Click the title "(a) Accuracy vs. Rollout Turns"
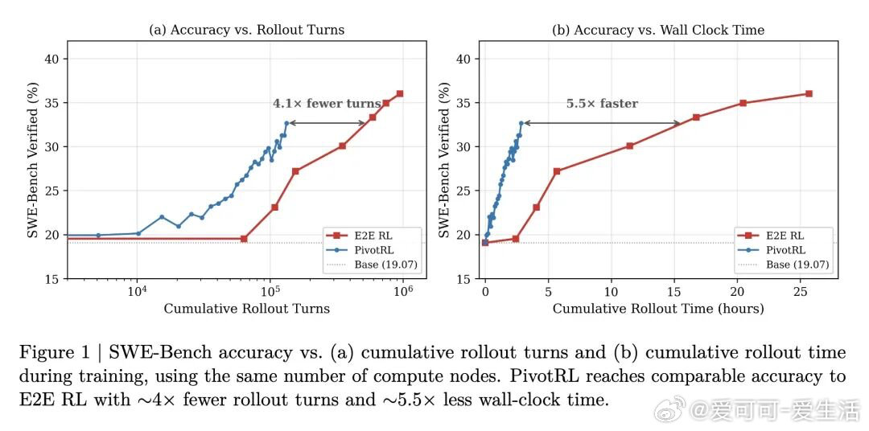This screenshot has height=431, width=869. click(246, 30)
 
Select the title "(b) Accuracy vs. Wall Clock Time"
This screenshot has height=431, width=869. click(657, 30)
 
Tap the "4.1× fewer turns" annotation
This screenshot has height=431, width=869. click(327, 104)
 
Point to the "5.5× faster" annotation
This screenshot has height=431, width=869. click(602, 104)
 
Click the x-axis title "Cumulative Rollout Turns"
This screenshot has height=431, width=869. click(246, 309)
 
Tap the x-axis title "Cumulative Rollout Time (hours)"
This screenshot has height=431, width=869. click(657, 309)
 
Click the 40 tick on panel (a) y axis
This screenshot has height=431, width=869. click(51, 59)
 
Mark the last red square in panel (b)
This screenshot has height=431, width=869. click(809, 94)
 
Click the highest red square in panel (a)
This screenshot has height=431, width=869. click(399, 94)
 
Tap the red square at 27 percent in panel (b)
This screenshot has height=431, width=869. click(557, 171)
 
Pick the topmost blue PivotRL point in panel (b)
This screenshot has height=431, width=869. click(521, 123)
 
